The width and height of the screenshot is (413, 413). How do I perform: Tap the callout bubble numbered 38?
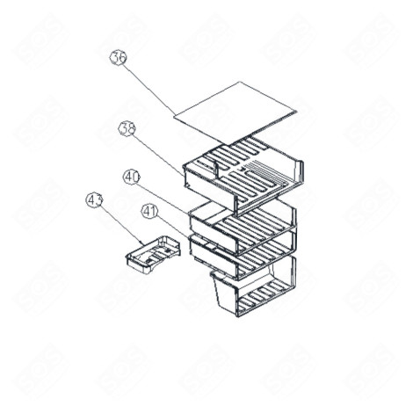127,128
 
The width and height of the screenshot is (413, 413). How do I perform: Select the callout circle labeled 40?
132,178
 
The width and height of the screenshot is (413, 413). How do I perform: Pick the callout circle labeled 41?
149,211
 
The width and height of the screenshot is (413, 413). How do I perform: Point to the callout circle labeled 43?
95,199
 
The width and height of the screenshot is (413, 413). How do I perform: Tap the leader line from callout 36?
149,89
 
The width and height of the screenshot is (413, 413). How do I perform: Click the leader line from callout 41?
170,223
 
